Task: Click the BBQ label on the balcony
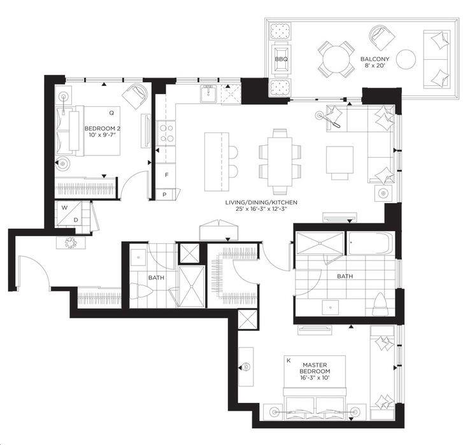[x=281, y=59]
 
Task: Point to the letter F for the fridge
[x=166, y=174]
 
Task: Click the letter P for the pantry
[x=164, y=194]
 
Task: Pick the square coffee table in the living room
[x=340, y=159]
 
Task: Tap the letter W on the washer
[x=64, y=208]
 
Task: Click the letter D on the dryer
[x=76, y=220]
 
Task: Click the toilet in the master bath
[x=381, y=304]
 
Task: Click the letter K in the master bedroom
[x=288, y=361]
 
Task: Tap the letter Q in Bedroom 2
[x=111, y=113]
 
